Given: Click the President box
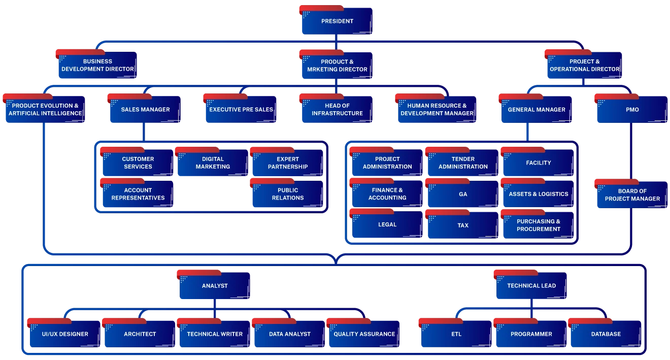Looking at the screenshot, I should pos(337,21).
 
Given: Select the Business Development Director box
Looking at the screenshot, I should pos(97,65).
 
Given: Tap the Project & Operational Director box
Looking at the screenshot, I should pos(584,65).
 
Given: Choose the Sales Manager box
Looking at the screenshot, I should pos(145,110).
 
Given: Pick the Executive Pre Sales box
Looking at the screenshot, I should pos(241,110).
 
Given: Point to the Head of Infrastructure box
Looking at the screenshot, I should pos(337,110).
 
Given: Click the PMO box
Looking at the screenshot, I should pos(632,110).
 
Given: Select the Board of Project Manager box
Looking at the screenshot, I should pos(632,195).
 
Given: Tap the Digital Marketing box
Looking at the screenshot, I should pos(212,162).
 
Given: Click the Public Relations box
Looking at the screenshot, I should pos(287,194).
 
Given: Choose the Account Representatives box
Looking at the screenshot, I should pos(138,194).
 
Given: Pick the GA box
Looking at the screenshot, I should pos(462,194).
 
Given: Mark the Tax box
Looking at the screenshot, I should pos(462,225).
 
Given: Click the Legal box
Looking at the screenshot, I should pos(387,224).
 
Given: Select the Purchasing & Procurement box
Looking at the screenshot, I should pos(538,225).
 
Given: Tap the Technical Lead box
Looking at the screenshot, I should pos(531,286).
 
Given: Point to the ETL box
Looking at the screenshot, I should pos(456,334).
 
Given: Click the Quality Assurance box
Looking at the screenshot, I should pos(364,334).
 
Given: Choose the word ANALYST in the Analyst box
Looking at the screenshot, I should pos(215,286).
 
